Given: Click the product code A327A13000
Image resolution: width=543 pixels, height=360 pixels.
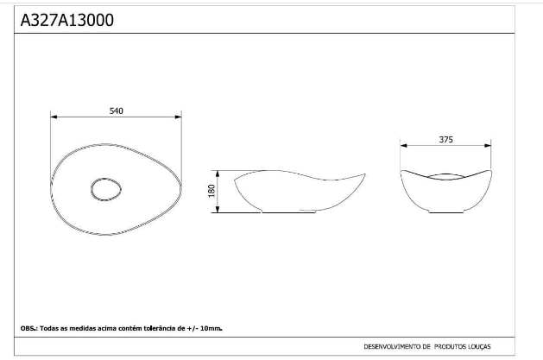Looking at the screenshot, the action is [x=66, y=20].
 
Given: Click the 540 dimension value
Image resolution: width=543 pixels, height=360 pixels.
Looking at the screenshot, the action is [x=117, y=111].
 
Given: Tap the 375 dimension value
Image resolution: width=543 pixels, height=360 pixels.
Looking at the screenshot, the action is [x=446, y=140].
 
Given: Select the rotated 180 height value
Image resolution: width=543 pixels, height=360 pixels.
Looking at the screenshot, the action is [x=212, y=191].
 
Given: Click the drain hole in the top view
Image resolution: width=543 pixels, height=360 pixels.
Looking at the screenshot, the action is [x=106, y=190].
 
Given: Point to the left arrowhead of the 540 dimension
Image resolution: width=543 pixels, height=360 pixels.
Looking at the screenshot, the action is [x=54, y=117].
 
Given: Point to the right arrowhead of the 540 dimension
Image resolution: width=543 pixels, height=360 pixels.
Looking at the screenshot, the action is [x=178, y=117].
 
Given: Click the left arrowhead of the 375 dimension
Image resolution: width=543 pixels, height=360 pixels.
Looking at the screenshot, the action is [x=404, y=146].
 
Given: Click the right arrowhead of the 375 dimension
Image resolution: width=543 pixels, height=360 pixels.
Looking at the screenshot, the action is [x=488, y=146].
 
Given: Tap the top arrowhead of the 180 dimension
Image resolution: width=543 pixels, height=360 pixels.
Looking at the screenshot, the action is [x=218, y=174].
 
